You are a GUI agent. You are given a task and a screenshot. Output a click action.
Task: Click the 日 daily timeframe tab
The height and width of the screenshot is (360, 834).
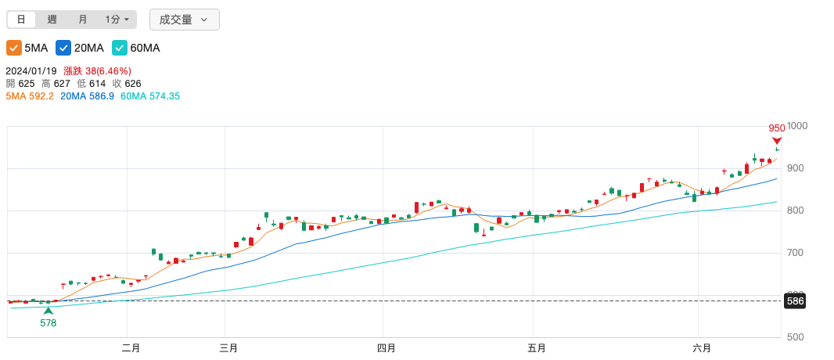21,20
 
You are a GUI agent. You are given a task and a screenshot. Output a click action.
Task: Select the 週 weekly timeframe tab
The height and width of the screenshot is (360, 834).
52,20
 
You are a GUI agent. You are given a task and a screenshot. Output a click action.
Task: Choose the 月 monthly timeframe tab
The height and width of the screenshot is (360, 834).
83,20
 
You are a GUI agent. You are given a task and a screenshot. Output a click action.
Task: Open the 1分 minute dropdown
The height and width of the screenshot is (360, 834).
117,20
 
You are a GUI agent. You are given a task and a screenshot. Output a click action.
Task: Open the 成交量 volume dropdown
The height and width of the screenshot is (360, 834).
184,20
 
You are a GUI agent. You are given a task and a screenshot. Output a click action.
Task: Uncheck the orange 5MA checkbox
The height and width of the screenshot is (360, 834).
13,48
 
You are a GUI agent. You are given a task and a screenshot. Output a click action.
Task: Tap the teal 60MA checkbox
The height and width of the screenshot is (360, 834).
120,48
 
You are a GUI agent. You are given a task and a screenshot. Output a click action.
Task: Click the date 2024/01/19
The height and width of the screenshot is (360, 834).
32,71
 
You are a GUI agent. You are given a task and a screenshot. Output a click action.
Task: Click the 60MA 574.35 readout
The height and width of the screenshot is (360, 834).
150,96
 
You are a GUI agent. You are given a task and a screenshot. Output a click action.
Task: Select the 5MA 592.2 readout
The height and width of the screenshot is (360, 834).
30,96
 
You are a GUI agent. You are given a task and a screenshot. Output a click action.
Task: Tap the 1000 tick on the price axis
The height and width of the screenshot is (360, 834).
797,126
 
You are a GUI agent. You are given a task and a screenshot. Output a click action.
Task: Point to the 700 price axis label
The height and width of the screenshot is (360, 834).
796,253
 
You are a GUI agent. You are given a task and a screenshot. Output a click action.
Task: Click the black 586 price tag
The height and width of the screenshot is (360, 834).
795,301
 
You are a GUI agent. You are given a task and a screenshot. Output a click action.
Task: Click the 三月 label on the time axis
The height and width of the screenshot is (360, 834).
228,348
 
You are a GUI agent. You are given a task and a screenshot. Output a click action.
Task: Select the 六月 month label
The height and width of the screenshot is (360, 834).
702,348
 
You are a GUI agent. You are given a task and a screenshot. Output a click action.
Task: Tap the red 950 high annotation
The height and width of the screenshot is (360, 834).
777,128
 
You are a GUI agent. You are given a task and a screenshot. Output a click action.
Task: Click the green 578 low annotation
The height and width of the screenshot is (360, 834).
49,322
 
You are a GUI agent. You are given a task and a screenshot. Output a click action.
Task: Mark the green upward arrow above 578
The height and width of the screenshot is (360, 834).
49,311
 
